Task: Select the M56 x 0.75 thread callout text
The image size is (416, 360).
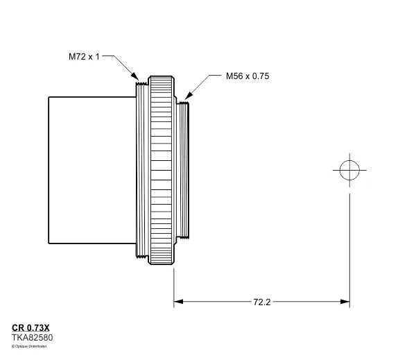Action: coord(247,76)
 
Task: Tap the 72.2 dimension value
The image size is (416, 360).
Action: coord(262,302)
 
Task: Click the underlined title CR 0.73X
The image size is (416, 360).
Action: coord(35,327)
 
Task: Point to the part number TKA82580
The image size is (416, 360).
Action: coord(32,337)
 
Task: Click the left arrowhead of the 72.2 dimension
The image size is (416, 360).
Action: coord(178,302)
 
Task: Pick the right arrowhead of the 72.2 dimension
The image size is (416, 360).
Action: coord(345,302)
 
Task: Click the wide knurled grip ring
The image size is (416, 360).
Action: coord(162,169)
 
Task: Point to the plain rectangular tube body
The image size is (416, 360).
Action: coord(90,169)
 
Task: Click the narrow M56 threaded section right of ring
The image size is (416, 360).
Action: coord(184,169)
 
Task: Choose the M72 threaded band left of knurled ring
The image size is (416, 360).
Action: coord(144,169)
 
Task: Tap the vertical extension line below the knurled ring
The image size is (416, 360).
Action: coord(173,284)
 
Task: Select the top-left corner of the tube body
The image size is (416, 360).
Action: coord(49,97)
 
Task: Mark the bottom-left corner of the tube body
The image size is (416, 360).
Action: coord(49,242)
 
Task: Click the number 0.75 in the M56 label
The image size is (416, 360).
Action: coord(259,76)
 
